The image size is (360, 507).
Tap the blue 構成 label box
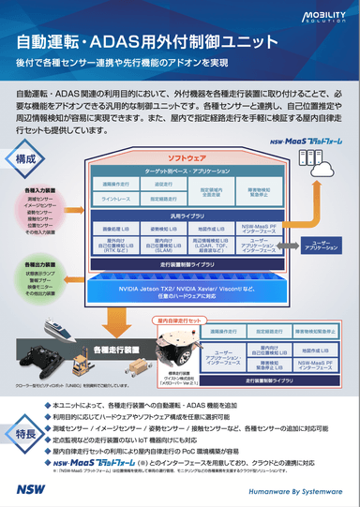pos(34,159)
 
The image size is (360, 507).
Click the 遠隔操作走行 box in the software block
pos(116,185)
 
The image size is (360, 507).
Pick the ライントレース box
pos(116,199)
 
